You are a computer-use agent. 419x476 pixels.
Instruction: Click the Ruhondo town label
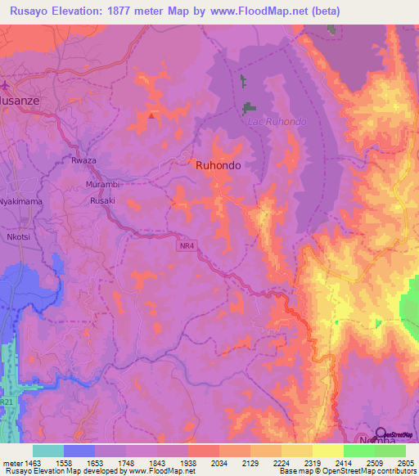[219, 164]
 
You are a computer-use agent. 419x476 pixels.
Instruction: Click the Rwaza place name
[83, 160]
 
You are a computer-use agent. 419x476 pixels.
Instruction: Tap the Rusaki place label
[103, 200]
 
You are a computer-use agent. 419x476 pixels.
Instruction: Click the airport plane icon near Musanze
[4, 84]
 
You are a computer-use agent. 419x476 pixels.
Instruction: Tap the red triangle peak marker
[151, 115]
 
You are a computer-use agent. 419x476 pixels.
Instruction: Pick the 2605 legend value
[407, 464]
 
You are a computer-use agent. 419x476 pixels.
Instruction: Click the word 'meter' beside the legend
[11, 464]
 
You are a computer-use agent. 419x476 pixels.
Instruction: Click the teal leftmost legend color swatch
[47, 451]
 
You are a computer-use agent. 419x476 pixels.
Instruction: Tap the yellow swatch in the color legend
[327, 451]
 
